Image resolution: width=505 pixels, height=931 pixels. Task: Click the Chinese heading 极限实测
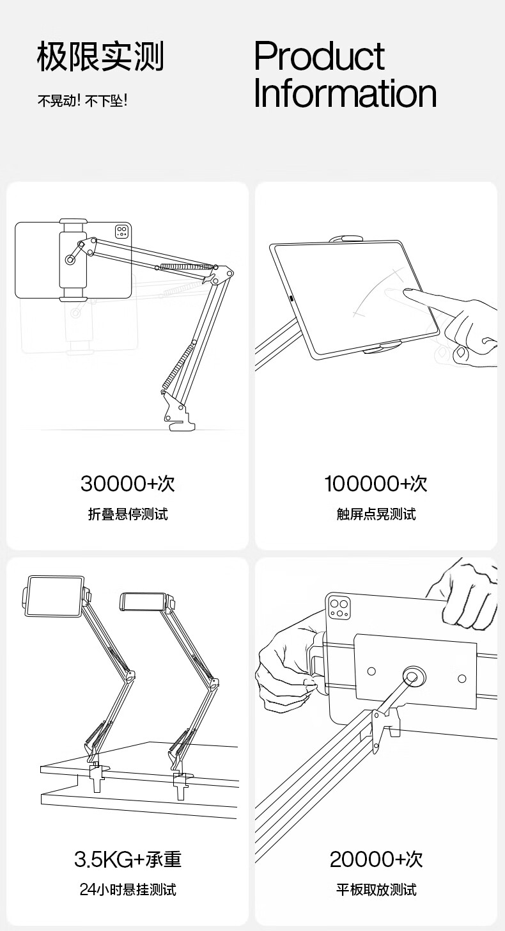100,56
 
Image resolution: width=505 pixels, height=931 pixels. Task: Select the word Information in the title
345,93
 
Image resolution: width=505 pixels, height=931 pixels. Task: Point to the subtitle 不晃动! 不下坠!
82,100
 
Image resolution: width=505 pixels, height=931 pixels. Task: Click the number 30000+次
127,483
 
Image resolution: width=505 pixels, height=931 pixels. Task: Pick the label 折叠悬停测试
128,514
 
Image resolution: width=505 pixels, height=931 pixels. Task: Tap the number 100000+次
376,483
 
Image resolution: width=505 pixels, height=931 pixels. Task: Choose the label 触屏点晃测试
377,514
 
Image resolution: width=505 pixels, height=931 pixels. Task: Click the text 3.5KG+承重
128,859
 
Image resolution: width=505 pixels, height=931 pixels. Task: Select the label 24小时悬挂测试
128,890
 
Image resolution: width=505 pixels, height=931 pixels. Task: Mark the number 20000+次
377,859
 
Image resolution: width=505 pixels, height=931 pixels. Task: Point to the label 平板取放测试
377,890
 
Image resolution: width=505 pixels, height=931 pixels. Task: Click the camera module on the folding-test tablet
121,232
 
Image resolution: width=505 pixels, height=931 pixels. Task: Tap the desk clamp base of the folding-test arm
178,411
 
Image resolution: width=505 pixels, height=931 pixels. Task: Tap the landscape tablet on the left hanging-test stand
54,596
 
